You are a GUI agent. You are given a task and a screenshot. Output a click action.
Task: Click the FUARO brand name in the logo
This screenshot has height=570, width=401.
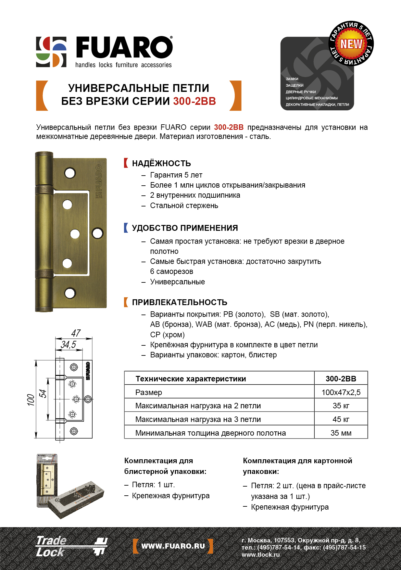click(x=124, y=48)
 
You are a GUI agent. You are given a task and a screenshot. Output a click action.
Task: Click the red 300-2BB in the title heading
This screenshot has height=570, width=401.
click(x=194, y=101)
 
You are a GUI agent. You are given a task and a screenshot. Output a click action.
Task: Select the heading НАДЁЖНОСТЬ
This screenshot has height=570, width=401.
click(x=161, y=163)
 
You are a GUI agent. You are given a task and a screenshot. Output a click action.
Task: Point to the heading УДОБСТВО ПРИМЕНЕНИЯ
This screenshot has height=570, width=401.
click(x=185, y=228)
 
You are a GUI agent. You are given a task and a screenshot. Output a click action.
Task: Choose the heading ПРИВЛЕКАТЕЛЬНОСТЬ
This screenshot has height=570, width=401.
click(x=179, y=302)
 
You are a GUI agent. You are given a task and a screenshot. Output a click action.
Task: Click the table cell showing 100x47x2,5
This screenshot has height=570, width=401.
click(x=341, y=392)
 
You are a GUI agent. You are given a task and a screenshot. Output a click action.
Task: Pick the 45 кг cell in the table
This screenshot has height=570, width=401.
click(x=341, y=419)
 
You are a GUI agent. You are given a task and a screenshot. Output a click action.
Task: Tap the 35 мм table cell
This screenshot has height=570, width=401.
click(x=341, y=433)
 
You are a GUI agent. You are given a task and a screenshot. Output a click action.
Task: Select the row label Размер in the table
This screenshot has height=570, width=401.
click(x=149, y=392)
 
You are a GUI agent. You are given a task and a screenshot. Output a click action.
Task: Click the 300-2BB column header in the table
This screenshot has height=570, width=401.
click(x=341, y=378)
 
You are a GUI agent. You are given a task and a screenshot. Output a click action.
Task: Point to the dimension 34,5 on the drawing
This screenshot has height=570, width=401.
click(x=69, y=344)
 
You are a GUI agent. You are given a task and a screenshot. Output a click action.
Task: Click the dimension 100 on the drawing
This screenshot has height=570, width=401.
click(x=31, y=400)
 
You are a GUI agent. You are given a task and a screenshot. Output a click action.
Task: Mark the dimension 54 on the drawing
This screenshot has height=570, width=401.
click(x=43, y=394)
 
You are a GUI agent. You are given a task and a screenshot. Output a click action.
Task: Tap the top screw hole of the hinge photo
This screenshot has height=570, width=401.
click(x=70, y=173)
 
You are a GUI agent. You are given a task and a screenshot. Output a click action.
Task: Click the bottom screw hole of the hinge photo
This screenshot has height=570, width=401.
click(x=70, y=293)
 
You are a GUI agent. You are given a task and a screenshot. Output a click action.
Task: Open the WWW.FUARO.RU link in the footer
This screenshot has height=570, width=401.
click(x=173, y=546)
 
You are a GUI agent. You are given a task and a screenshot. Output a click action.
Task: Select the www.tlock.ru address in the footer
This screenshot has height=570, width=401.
click(x=260, y=554)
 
